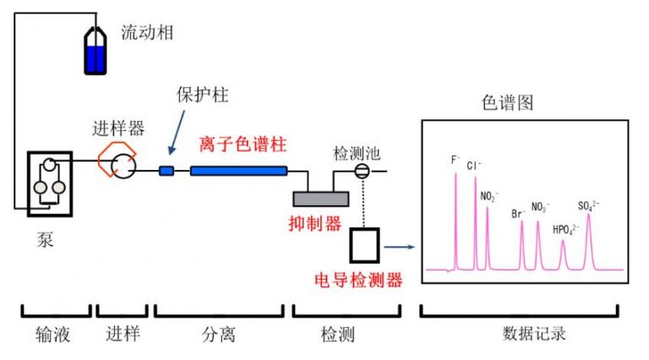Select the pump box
pos(49,183)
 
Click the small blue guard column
pos(166,172)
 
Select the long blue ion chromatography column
pos(238,172)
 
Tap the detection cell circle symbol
pos(362,172)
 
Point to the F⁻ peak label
pos(455,159)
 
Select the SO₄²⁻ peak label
pos(589,205)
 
